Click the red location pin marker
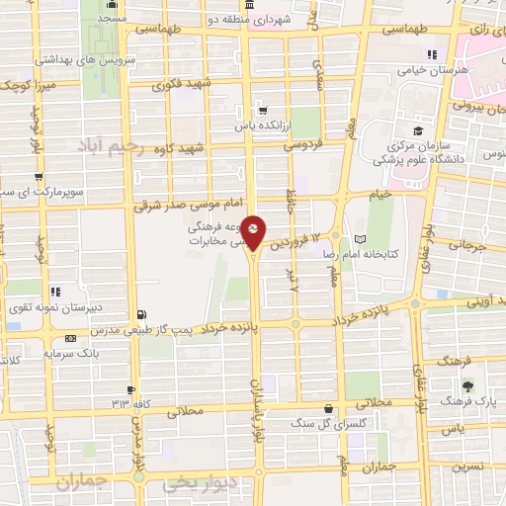[x=253, y=232]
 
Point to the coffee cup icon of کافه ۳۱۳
[x=131, y=390]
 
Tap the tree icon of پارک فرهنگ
[x=467, y=385]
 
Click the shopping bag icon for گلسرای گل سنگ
[x=328, y=409]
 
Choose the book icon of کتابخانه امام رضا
[x=360, y=240]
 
